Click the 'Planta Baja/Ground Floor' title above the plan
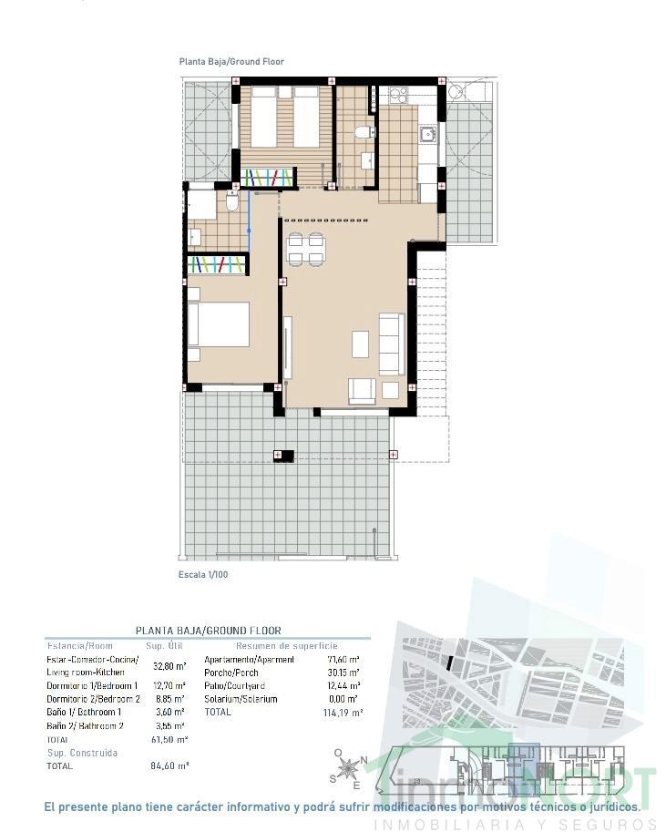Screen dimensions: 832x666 tap(231, 62)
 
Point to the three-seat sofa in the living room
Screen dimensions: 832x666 tap(392, 344)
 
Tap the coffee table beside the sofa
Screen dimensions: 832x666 tap(361, 344)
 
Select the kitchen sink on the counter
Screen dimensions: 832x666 tap(427, 135)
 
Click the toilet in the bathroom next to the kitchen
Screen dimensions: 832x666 tap(364, 133)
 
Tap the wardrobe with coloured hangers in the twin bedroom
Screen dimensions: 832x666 tap(268, 177)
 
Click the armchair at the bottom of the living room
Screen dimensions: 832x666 tap(362, 391)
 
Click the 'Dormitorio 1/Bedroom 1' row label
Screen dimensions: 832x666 tap(92, 685)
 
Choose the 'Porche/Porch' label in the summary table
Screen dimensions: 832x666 tap(231, 673)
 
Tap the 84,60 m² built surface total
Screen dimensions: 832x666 tap(169, 766)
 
